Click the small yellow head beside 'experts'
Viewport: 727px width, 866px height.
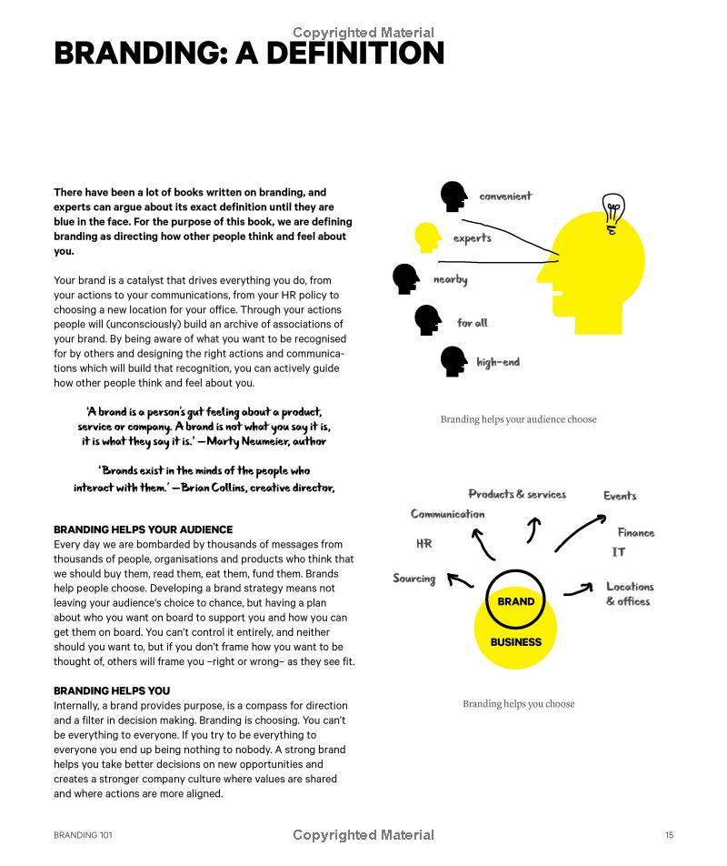point(427,238)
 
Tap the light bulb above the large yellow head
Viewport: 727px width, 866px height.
point(613,213)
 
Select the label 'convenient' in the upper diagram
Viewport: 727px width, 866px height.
point(505,196)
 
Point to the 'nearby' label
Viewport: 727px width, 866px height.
point(450,279)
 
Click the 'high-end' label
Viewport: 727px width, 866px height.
point(498,362)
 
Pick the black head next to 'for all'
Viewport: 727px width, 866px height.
point(428,320)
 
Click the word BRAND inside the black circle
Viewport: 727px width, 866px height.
point(515,601)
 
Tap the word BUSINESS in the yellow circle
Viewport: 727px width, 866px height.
point(515,642)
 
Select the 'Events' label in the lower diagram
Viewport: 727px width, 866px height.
point(620,496)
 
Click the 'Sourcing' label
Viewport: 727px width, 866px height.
point(413,579)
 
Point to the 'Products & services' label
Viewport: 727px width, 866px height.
point(517,494)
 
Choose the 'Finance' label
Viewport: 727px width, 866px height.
point(636,533)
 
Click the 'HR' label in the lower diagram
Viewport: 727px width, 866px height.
point(423,544)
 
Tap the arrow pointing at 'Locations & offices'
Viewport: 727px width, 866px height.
point(578,591)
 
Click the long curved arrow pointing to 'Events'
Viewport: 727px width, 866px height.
point(580,531)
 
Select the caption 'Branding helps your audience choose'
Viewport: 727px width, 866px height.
point(518,419)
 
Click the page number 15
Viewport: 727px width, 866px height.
point(669,835)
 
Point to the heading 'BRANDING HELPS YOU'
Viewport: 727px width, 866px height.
point(112,690)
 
